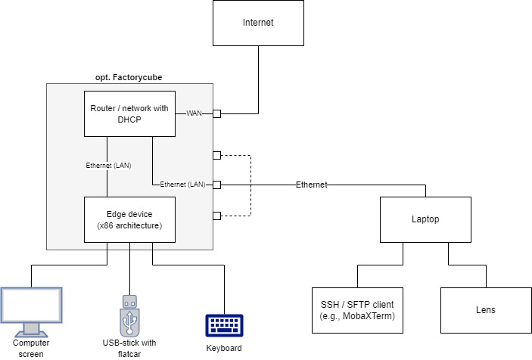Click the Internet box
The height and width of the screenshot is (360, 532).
tap(257, 23)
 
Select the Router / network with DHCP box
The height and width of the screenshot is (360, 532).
tap(129, 113)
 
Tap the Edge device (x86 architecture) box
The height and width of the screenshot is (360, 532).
tap(129, 219)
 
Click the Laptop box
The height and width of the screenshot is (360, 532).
tap(425, 219)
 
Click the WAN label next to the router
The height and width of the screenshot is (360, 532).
tap(194, 113)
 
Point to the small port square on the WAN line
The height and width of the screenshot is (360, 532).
tap(216, 113)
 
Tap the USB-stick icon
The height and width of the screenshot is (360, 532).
tap(129, 315)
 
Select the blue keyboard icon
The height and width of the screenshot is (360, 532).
tap(224, 325)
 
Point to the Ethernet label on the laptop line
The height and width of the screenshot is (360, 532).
tap(312, 185)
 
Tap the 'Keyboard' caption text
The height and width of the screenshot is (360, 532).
tap(224, 348)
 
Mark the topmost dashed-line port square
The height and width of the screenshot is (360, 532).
tap(216, 155)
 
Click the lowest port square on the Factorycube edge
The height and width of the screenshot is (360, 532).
tap(216, 216)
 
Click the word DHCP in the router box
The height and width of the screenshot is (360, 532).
tap(129, 119)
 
